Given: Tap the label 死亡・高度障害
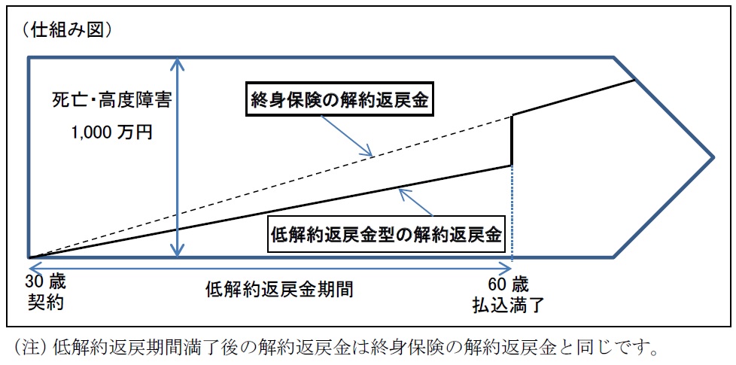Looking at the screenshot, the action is pos(111,102).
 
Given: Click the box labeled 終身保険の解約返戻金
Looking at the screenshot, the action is pos(339,100).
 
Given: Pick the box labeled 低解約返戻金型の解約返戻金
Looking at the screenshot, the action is pos(385,233).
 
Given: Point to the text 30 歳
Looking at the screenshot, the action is pos(47,282).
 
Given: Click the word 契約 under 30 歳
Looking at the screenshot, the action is pos(45,302).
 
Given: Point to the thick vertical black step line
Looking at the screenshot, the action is pos(512,140).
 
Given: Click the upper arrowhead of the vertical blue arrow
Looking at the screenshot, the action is pos(177,62).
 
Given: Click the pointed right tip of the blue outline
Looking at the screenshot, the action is pos(713,157).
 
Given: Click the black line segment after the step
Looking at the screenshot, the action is pos(573,98).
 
